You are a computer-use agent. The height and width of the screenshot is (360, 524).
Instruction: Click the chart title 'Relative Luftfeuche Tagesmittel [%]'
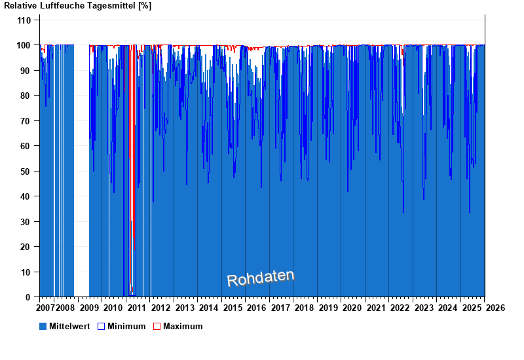77,5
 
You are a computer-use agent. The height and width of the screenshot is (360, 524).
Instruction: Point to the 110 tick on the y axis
24,20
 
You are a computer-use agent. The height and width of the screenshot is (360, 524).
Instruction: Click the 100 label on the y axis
24,45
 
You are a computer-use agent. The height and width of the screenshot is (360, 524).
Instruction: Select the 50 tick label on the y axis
26,171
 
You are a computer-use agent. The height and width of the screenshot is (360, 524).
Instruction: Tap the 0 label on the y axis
29,297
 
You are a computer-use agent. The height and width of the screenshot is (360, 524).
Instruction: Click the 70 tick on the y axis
26,121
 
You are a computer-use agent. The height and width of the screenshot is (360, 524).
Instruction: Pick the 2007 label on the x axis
45,308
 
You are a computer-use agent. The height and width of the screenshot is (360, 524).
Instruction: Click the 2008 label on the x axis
65,308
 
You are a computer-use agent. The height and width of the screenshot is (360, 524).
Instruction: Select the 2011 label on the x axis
137,308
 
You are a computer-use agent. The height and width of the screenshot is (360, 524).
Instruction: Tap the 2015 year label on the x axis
233,308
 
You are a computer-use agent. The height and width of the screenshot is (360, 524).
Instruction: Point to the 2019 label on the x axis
328,308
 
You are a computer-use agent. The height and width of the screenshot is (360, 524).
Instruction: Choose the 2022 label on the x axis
400,308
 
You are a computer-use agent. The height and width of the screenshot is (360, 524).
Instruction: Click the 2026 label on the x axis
495,308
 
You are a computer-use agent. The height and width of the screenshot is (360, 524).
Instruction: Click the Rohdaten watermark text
261,278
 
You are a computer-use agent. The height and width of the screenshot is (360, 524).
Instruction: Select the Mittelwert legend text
69,326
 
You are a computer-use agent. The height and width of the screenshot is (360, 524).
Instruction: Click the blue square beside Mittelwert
43,326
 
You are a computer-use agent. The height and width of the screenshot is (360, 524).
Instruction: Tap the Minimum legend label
126,326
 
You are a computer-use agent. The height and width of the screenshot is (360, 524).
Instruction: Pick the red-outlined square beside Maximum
157,326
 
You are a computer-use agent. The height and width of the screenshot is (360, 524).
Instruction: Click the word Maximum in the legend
183,326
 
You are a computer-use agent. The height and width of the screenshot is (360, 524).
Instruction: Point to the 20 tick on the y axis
26,247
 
